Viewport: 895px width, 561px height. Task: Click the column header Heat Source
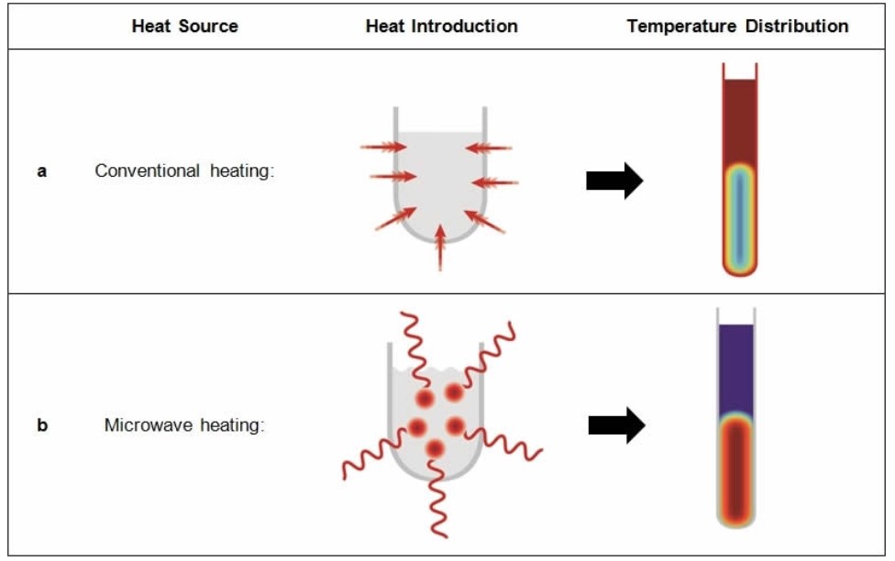pyautogui.click(x=185, y=27)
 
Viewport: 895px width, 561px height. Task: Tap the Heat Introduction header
pyautogui.click(x=442, y=27)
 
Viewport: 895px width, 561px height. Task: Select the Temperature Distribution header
pyautogui.click(x=737, y=27)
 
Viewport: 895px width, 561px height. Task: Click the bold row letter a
pyautogui.click(x=41, y=171)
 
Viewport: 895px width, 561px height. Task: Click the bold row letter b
pyautogui.click(x=42, y=425)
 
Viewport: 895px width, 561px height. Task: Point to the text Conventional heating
pyautogui.click(x=184, y=170)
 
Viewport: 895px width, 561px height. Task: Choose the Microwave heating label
pyautogui.click(x=184, y=425)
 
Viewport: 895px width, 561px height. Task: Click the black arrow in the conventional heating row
pyautogui.click(x=614, y=181)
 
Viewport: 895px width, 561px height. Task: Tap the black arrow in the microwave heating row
pyautogui.click(x=616, y=425)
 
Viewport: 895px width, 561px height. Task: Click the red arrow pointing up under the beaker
pyautogui.click(x=440, y=247)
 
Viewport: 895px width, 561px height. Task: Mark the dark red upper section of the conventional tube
pyautogui.click(x=740, y=121)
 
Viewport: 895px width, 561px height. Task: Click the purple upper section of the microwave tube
pyautogui.click(x=736, y=369)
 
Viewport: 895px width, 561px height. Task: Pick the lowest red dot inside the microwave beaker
pyautogui.click(x=435, y=448)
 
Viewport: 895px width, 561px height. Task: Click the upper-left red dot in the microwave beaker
pyautogui.click(x=425, y=398)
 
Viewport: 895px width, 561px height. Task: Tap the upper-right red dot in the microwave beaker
pyautogui.click(x=454, y=392)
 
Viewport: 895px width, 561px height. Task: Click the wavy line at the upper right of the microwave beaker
pyautogui.click(x=489, y=354)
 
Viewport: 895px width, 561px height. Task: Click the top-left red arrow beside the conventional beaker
pyautogui.click(x=383, y=148)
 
